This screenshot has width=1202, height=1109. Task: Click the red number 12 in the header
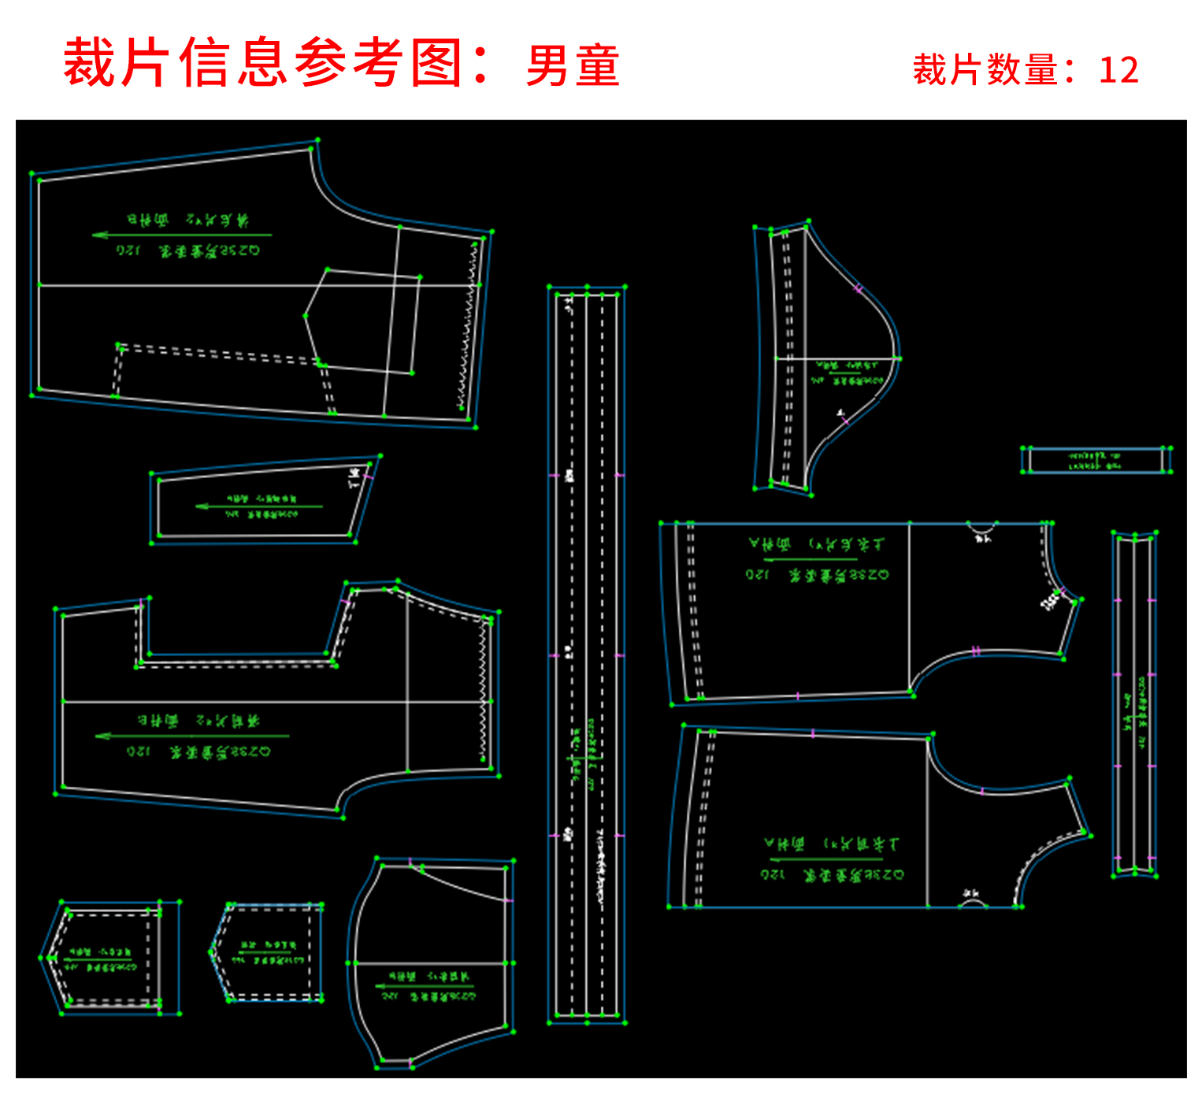pyautogui.click(x=1119, y=70)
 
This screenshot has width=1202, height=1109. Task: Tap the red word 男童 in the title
pyautogui.click(x=573, y=65)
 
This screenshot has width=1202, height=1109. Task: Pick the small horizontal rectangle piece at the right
pyautogui.click(x=1096, y=460)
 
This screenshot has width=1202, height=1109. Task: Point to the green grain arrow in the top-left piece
pyautogui.click(x=181, y=235)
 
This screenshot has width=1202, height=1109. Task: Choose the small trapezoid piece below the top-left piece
pyautogui.click(x=260, y=501)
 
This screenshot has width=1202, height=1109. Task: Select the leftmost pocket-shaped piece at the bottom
pyautogui.click(x=110, y=958)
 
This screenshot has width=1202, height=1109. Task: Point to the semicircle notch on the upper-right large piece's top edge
pyautogui.click(x=981, y=529)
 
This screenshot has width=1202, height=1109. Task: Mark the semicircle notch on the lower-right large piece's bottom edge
pyautogui.click(x=973, y=902)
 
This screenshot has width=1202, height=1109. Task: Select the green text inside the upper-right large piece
pyautogui.click(x=818, y=559)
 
